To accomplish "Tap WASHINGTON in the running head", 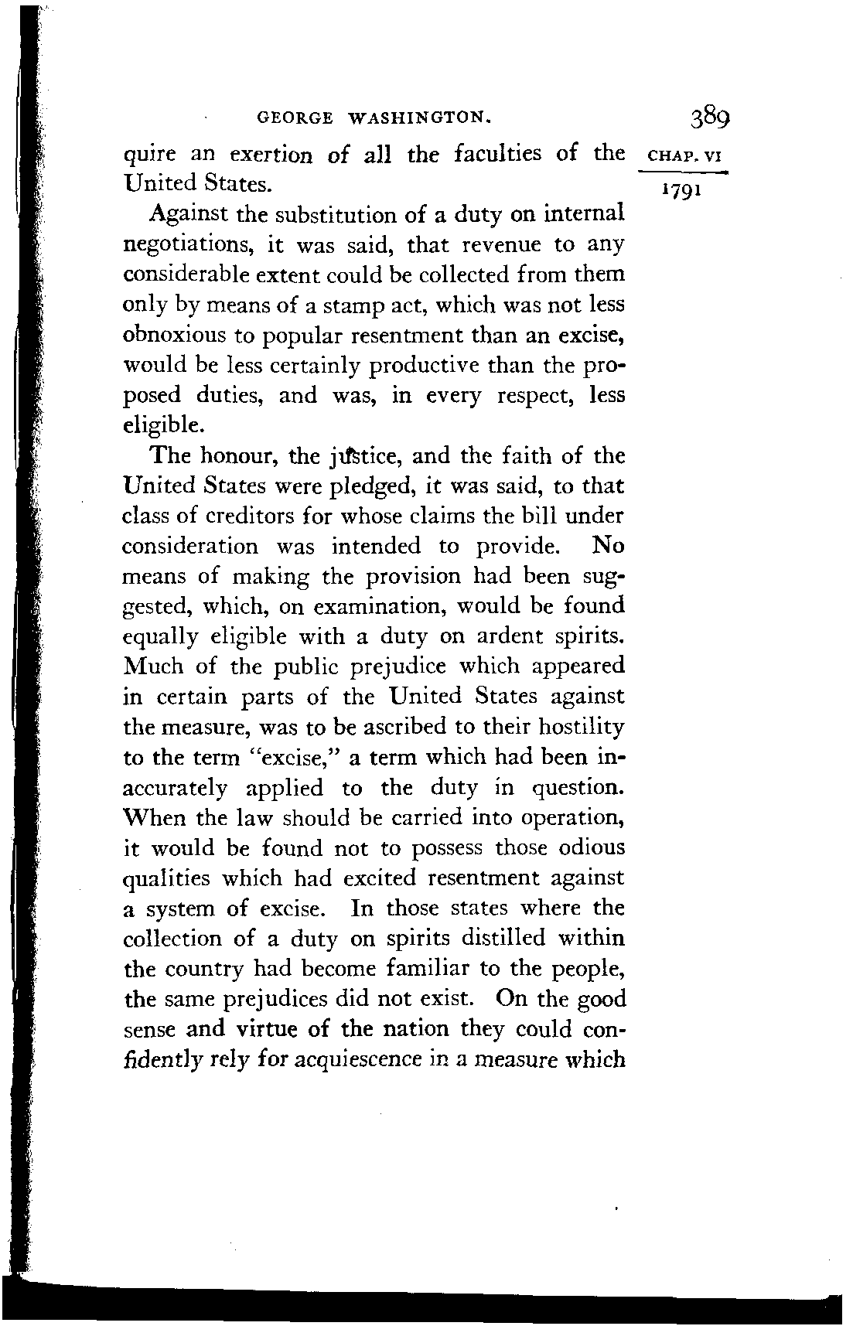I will tap(418, 119).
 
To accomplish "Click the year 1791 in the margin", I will tap(680, 189).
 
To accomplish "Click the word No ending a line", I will tap(608, 546).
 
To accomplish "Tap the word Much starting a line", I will tap(153, 666).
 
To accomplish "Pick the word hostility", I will tap(581, 727).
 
